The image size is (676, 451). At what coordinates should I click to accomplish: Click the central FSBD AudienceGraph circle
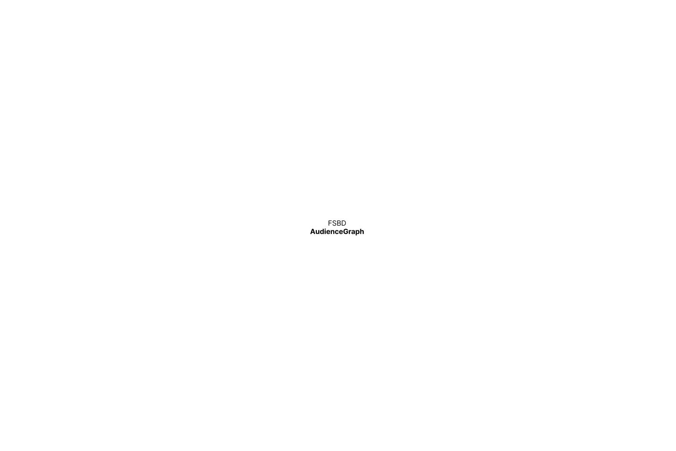[x=337, y=227]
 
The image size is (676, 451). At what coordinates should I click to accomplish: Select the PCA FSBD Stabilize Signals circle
[x=337, y=70]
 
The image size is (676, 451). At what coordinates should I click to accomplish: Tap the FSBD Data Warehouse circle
[x=184, y=225]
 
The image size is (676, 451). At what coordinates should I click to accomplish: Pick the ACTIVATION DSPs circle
[x=492, y=225]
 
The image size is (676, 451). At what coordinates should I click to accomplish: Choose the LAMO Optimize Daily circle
[x=253, y=355]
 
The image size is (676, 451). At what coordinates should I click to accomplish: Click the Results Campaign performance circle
[x=422, y=355]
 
